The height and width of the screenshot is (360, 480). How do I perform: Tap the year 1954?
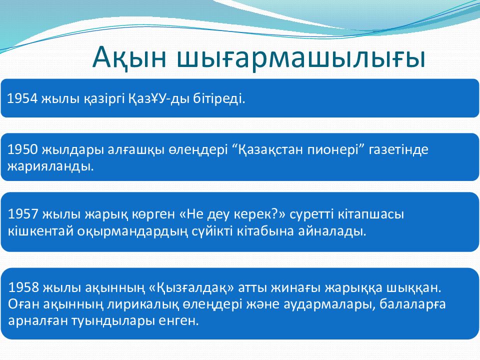pyautogui.click(x=22, y=98)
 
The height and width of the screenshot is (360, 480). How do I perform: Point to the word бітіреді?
pyautogui.click(x=219, y=99)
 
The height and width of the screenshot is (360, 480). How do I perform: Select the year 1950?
pyautogui.click(x=22, y=149)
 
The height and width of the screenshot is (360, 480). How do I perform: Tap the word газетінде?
pyautogui.click(x=398, y=149)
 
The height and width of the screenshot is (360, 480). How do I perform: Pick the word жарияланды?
pyautogui.click(x=50, y=166)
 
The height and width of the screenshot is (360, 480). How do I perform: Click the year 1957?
pyautogui.click(x=23, y=214)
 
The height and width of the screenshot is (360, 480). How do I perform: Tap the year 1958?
pyautogui.click(x=23, y=287)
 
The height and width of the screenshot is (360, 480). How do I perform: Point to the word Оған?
pyautogui.click(x=23, y=304)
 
